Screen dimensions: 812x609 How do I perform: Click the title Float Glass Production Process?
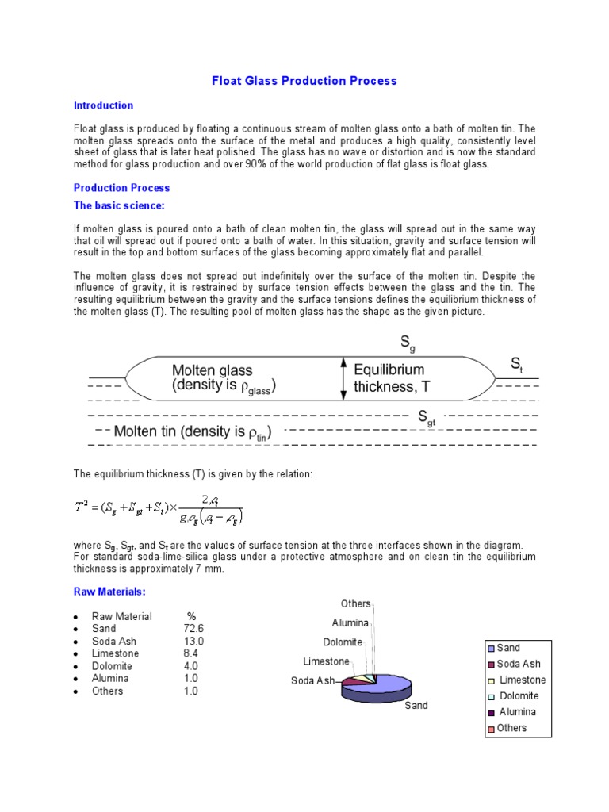click(304, 81)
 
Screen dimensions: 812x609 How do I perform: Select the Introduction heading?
click(103, 105)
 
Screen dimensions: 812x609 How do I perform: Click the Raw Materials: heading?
click(109, 592)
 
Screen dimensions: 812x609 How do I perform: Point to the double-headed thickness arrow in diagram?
click(343, 377)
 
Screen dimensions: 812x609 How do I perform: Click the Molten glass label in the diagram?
click(212, 370)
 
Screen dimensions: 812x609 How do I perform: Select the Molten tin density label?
click(193, 432)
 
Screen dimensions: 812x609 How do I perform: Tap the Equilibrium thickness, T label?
click(389, 378)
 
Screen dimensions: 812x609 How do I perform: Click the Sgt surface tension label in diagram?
click(427, 418)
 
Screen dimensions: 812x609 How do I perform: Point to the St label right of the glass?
click(516, 365)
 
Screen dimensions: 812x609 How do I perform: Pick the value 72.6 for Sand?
click(194, 629)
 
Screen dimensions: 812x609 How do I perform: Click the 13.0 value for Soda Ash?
click(194, 642)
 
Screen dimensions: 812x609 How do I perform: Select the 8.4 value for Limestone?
click(191, 653)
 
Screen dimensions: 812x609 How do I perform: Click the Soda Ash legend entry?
click(518, 664)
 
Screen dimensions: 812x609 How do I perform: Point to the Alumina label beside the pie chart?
click(350, 623)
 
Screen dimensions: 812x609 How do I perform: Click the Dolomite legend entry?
click(518, 696)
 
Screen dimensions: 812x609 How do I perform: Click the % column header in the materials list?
click(191, 616)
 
